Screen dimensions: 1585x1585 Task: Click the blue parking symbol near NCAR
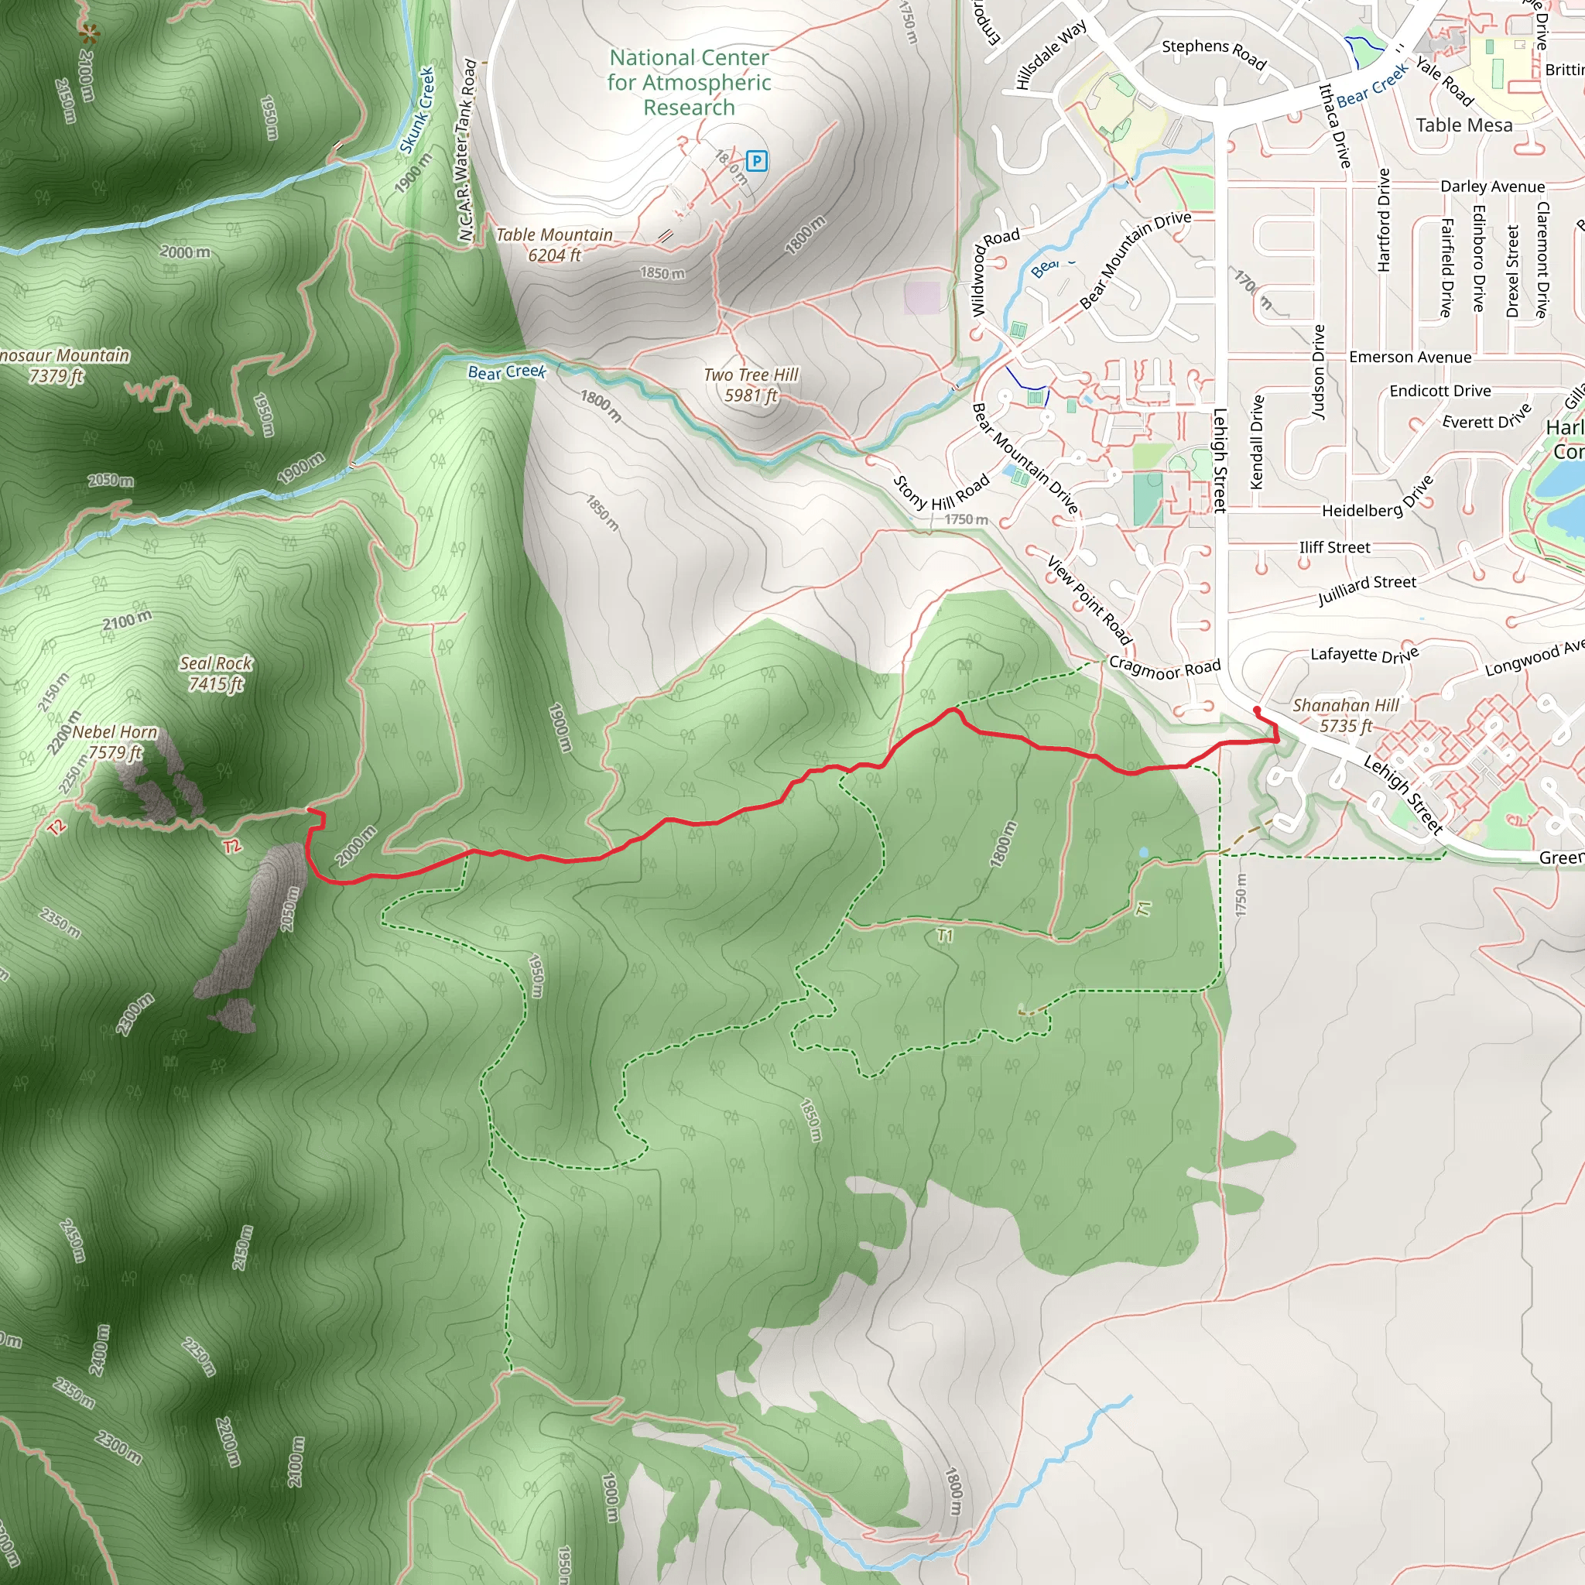tap(756, 161)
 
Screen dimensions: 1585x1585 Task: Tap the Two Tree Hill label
tap(751, 385)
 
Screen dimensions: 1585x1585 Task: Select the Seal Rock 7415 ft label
tap(216, 673)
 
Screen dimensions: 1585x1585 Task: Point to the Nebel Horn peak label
tap(115, 741)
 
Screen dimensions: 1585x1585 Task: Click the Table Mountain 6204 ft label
tap(555, 245)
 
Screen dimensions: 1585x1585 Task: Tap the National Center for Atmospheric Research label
tap(689, 83)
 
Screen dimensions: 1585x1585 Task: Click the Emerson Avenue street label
tap(1409, 358)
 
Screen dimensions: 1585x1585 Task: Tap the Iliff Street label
tap(1334, 548)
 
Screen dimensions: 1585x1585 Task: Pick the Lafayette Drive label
tap(1364, 655)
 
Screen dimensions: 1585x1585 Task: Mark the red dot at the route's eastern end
tap(1257, 710)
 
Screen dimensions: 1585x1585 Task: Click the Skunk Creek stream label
tap(418, 111)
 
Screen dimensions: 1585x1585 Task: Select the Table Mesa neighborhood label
tap(1463, 125)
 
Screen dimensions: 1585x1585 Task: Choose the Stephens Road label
tap(1214, 53)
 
